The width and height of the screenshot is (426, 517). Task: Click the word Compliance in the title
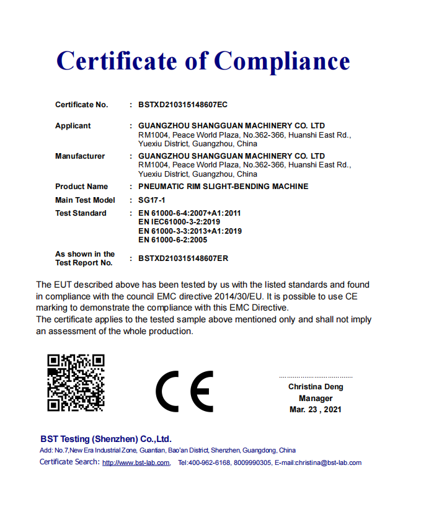(282, 61)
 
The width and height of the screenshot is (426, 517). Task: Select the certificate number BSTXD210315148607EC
(183, 105)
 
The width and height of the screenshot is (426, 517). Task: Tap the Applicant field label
(73, 126)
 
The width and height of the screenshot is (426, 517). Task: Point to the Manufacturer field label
(80, 156)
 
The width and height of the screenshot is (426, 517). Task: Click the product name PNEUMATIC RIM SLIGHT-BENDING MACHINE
(223, 187)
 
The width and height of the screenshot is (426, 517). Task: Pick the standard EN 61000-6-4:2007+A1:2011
(189, 213)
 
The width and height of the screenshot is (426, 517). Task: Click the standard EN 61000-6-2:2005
(172, 240)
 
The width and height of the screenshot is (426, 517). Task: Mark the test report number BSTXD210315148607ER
(183, 258)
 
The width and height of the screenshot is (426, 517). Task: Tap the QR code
(76, 382)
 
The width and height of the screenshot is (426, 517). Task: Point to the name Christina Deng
(316, 387)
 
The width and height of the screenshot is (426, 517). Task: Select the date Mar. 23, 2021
(316, 410)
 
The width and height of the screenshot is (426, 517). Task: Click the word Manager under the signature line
(316, 399)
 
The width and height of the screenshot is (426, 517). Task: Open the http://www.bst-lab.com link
(136, 463)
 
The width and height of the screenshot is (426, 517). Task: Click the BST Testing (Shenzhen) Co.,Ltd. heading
(105, 439)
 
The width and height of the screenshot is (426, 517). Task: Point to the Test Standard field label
(81, 213)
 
